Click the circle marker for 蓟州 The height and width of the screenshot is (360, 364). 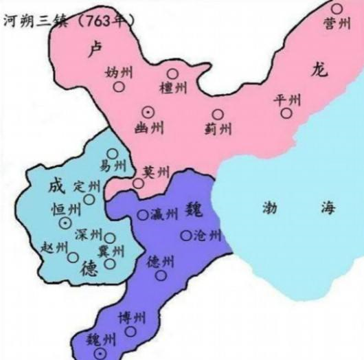(218, 114)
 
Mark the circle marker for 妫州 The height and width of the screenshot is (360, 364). (120, 87)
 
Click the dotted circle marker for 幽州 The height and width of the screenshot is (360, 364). (147, 111)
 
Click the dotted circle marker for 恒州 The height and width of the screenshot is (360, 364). (65, 223)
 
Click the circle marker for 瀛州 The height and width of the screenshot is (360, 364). (142, 214)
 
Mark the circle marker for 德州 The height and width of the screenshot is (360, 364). (161, 276)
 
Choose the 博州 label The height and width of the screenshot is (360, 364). (132, 318)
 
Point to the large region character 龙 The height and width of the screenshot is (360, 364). (320, 69)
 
